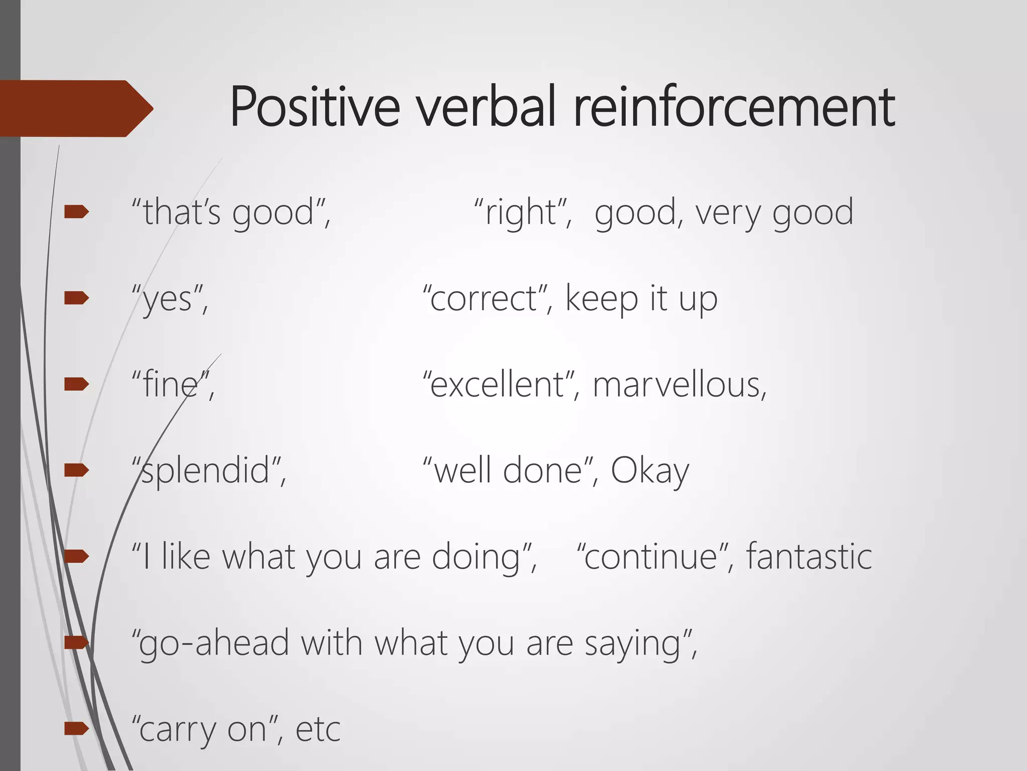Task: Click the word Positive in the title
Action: [x=315, y=107]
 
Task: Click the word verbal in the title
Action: [x=486, y=107]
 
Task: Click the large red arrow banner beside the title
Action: [x=75, y=108]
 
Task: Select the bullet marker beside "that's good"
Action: [x=76, y=212]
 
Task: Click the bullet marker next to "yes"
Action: [x=76, y=299]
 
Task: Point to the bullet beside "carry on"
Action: [x=76, y=728]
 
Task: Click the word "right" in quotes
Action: [x=522, y=213]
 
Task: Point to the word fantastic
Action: [x=809, y=557]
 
